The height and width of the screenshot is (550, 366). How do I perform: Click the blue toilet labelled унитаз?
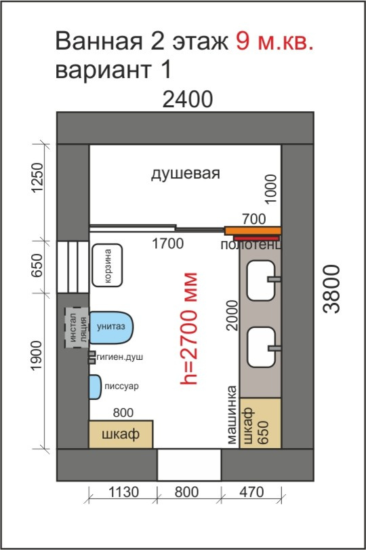click(x=111, y=327)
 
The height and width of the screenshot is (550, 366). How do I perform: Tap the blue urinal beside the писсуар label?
click(x=95, y=387)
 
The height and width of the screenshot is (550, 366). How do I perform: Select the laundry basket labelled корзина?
click(x=107, y=265)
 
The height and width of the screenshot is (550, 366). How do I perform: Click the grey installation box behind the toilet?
click(x=77, y=327)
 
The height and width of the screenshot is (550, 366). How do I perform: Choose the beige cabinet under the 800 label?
click(x=121, y=434)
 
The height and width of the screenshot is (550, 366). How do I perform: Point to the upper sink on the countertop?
click(x=261, y=280)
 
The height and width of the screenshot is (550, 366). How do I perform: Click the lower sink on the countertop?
click(x=261, y=347)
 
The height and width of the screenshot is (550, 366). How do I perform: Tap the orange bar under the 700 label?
click(x=253, y=230)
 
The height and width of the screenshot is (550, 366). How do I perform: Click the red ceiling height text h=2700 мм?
click(x=189, y=329)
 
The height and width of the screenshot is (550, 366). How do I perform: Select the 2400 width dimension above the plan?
click(x=188, y=99)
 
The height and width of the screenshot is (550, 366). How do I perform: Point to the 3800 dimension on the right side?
click(x=331, y=289)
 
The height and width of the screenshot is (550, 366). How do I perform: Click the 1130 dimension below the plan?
click(x=123, y=492)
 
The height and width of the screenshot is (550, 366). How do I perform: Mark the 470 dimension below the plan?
click(x=251, y=492)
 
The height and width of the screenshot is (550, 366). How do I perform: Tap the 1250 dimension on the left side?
click(x=37, y=177)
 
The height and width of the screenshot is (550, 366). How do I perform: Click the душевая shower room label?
click(x=186, y=173)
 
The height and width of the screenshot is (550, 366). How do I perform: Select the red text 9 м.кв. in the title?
click(x=274, y=41)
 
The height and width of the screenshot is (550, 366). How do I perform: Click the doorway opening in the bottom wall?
click(x=189, y=464)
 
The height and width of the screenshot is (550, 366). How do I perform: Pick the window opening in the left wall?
click(x=73, y=267)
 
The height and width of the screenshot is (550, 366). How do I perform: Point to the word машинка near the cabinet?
click(x=232, y=415)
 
